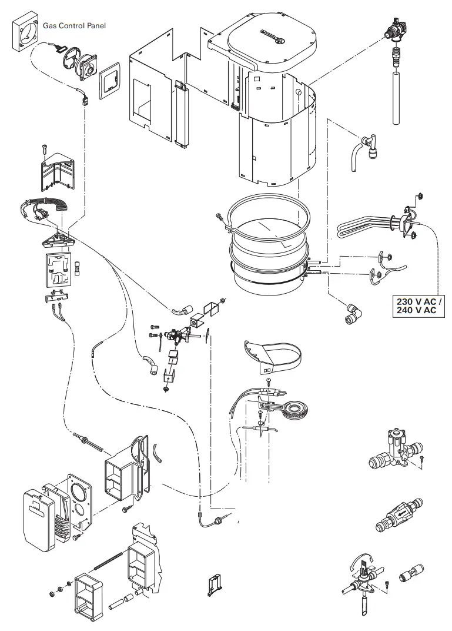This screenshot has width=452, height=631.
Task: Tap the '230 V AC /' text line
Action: (420, 301)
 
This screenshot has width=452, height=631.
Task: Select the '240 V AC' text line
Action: (417, 311)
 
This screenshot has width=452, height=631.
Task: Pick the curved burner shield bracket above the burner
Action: (276, 356)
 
